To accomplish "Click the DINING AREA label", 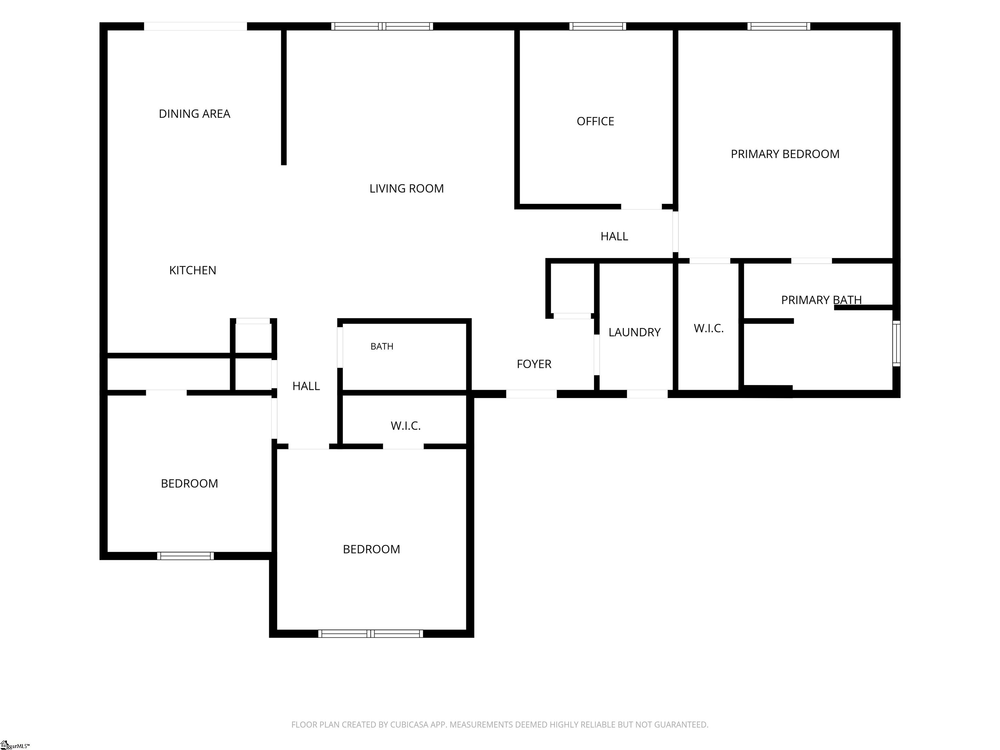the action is tap(194, 114).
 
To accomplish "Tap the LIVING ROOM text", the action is tap(407, 188).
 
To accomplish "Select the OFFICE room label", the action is tap(595, 121).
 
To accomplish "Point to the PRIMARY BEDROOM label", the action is tap(785, 154).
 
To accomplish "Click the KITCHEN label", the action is tap(193, 270).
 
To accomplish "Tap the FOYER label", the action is tap(534, 364).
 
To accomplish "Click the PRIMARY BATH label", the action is tap(821, 300).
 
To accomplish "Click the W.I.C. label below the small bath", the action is tap(406, 426).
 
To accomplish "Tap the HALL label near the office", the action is tap(614, 236).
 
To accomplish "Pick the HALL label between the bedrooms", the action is tap(306, 386).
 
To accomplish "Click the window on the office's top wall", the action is tap(598, 26).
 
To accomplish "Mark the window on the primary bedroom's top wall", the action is tap(778, 26).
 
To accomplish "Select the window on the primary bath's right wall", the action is tap(896, 343).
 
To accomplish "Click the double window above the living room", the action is tap(382, 26).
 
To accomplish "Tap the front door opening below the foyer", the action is tap(531, 394).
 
